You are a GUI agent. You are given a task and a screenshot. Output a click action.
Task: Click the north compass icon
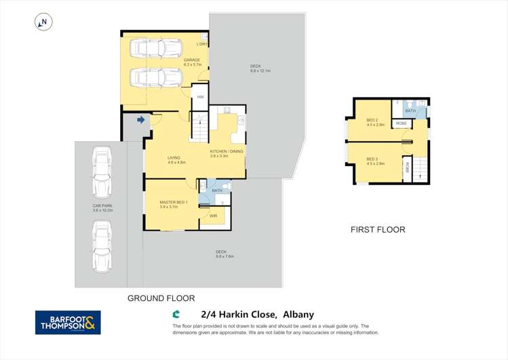click(43, 22)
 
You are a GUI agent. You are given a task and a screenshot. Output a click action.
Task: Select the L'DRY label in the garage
click(202, 45)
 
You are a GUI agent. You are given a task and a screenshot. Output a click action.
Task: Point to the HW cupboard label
click(200, 97)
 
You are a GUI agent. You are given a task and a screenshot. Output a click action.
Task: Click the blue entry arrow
click(141, 120)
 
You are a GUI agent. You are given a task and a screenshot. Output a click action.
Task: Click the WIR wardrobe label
click(213, 216)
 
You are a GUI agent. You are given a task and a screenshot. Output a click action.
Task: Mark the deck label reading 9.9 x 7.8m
click(224, 254)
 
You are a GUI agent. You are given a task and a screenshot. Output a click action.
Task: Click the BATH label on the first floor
click(410, 111)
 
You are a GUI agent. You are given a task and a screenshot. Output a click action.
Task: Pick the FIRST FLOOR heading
click(378, 230)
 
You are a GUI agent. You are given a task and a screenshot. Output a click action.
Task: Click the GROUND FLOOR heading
click(161, 298)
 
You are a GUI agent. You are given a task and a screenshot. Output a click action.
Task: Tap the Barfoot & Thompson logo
click(68, 323)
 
